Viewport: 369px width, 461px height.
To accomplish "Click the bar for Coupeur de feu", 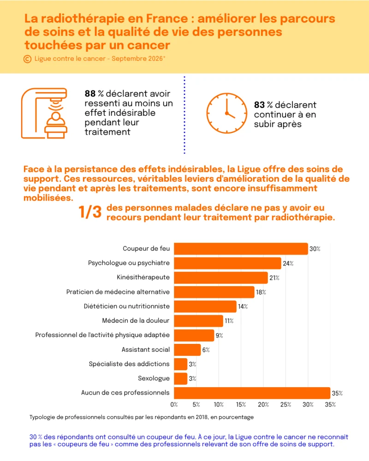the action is pyautogui.click(x=241, y=249).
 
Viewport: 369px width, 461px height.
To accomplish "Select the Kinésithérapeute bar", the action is pyautogui.click(x=221, y=278).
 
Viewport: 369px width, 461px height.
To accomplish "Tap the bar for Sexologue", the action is pyautogui.click(x=181, y=378).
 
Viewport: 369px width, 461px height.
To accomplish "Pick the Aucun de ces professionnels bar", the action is pyautogui.click(x=252, y=393).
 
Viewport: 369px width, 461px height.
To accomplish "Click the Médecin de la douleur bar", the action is pyautogui.click(x=199, y=321).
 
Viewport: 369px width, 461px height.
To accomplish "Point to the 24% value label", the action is pyautogui.click(x=288, y=263).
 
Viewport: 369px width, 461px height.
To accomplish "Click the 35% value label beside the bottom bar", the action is pyautogui.click(x=337, y=393).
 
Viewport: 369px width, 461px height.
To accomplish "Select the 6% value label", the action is pyautogui.click(x=206, y=350).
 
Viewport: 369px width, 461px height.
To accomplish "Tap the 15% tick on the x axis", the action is pyautogui.click(x=241, y=405).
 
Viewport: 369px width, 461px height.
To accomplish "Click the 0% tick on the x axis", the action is pyautogui.click(x=174, y=405).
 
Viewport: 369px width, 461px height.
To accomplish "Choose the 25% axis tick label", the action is pyautogui.click(x=286, y=405).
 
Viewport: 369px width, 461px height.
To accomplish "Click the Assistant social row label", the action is pyautogui.click(x=146, y=349).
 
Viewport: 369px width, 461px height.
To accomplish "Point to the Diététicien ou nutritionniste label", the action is pyautogui.click(x=127, y=307).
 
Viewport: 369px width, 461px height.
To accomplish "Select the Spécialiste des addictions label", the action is pyautogui.click(x=129, y=364).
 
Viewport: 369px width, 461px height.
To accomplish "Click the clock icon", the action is pyautogui.click(x=226, y=113).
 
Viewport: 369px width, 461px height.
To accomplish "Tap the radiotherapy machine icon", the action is pyautogui.click(x=44, y=113).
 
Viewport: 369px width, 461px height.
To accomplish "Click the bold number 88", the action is pyautogui.click(x=90, y=94).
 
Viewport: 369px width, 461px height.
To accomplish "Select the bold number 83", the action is pyautogui.click(x=259, y=105).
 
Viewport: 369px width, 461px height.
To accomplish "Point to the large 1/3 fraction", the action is pyautogui.click(x=90, y=212).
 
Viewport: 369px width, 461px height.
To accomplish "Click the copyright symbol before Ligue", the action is pyautogui.click(x=27, y=59).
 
